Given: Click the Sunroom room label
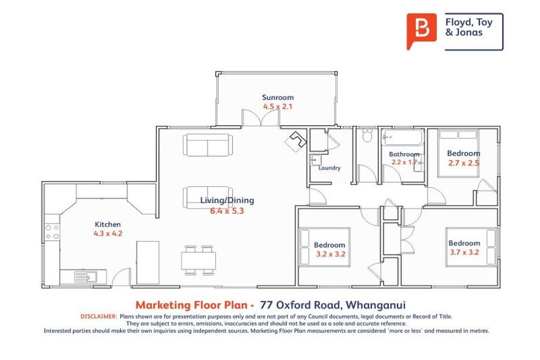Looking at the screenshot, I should (x=278, y=98).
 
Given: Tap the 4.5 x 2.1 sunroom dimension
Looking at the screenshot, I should (x=278, y=107).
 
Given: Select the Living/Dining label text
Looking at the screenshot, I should (x=227, y=200).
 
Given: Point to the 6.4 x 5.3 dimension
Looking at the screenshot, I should (x=227, y=210).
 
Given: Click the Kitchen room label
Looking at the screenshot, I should (x=108, y=225).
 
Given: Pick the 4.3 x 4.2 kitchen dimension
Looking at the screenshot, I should (x=108, y=234).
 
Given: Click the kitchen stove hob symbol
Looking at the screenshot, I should (x=52, y=231).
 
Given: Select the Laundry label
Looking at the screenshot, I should (x=329, y=168).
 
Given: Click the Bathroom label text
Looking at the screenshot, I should (x=404, y=155).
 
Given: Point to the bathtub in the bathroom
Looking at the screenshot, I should (x=401, y=137).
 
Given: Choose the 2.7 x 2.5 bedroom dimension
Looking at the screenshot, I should (x=463, y=163).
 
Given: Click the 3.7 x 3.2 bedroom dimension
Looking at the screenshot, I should (x=464, y=253).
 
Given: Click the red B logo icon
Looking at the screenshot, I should (x=421, y=31).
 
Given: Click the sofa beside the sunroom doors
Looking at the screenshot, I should (x=207, y=145).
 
